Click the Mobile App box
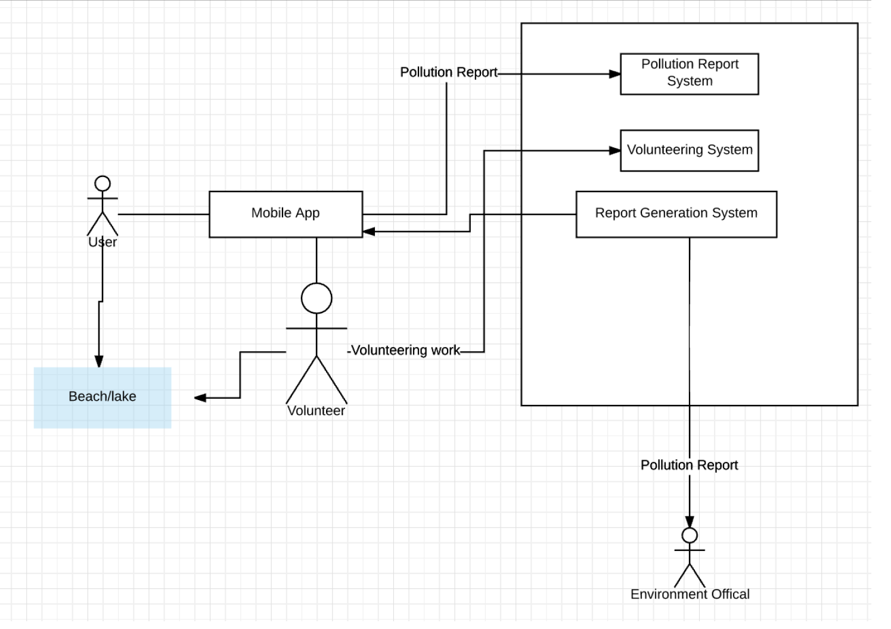pos(285,214)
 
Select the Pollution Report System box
pos(689,74)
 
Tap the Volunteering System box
pos(689,150)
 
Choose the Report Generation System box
pos(676,214)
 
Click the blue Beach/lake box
pos(103,398)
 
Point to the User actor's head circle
pos(103,184)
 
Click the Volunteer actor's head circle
pos(316,298)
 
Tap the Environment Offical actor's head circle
pos(690,535)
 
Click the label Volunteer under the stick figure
pos(316,411)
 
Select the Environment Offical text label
pos(690,594)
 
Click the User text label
pos(103,242)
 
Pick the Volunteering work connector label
pos(405,351)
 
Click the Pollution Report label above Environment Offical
pos(689,465)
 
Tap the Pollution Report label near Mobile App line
pos(448,72)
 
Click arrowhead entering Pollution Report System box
pos(615,74)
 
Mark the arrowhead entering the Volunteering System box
pos(615,151)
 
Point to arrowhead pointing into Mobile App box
pos(369,231)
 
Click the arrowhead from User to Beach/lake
pos(99,361)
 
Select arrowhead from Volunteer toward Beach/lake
pos(200,398)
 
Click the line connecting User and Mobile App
pos(163,214)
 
